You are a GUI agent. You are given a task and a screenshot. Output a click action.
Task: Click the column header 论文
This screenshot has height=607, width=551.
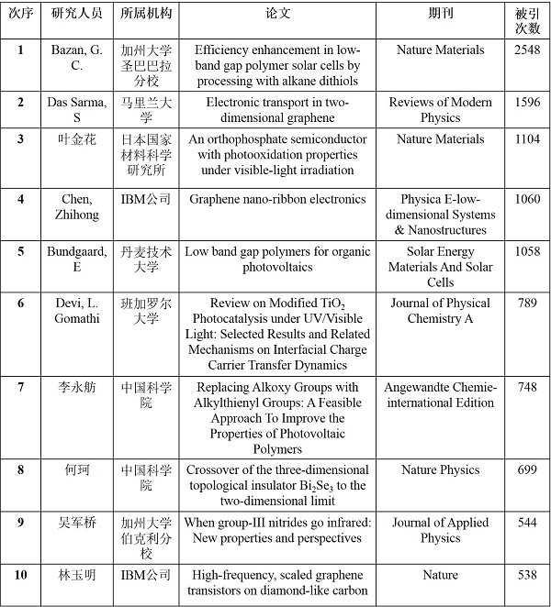[x=276, y=18]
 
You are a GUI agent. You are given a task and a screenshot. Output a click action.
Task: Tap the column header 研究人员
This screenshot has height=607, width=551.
[x=78, y=18]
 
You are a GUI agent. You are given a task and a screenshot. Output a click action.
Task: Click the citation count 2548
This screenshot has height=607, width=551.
[x=527, y=50]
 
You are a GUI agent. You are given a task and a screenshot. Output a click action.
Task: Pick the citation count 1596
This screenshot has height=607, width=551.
[x=527, y=102]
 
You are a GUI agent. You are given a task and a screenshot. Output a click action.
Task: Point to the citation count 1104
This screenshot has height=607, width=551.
[x=527, y=139]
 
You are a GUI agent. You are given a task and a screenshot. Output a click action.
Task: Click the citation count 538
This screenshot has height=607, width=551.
[x=527, y=575]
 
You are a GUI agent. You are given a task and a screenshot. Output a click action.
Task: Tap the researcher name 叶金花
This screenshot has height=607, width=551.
[x=78, y=139]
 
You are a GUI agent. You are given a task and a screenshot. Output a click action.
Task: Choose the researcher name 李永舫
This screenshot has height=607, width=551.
[x=78, y=387]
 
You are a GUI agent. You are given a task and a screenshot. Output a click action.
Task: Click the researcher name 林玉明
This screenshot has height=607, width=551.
[x=78, y=575]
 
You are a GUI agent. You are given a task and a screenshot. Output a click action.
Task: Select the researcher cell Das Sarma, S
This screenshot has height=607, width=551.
[x=78, y=109]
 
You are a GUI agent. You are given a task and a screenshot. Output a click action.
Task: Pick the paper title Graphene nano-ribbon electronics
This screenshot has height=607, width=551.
[x=276, y=199]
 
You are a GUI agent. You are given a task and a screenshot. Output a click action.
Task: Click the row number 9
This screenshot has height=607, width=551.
[x=20, y=523]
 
